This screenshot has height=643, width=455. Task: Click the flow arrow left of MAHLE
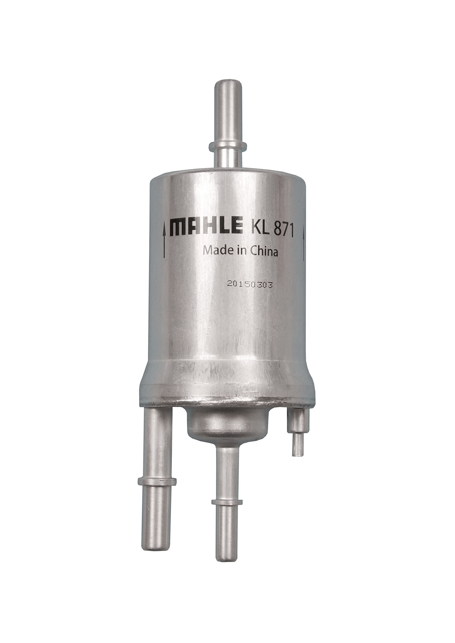[164, 241]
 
